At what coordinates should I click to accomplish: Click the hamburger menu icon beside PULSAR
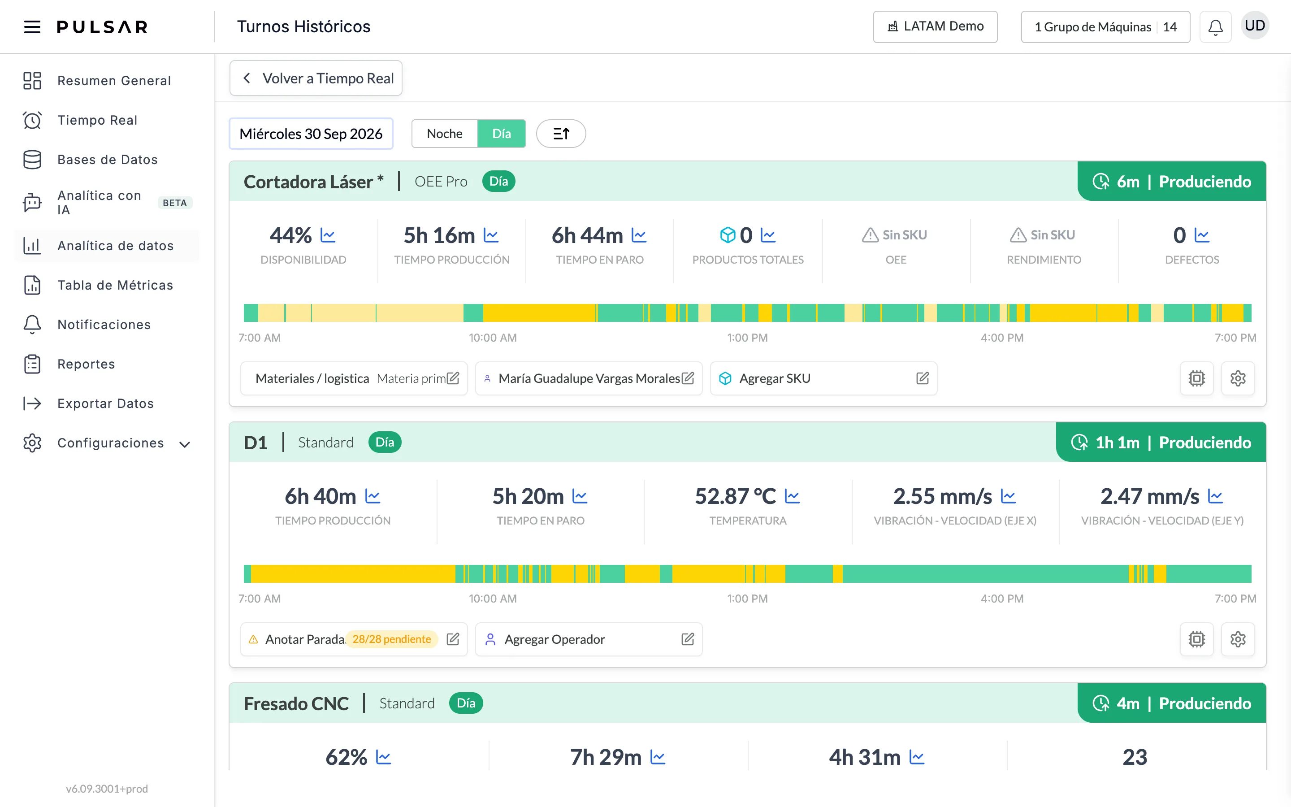(32, 27)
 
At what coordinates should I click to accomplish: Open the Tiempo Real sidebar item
(97, 120)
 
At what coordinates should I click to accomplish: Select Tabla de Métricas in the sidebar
(115, 285)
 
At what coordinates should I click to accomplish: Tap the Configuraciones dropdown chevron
(185, 444)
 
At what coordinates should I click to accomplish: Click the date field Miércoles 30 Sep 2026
(311, 134)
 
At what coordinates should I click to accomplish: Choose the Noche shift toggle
(444, 134)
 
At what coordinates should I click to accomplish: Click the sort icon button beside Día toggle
(561, 134)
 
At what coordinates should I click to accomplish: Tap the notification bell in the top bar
(1215, 27)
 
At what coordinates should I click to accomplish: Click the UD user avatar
(1255, 26)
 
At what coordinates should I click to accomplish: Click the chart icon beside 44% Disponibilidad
(328, 235)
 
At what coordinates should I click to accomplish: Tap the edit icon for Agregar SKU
(923, 378)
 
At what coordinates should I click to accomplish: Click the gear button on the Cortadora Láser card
(1238, 378)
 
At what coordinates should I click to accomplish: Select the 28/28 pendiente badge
(392, 639)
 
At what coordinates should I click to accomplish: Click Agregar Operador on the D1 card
(554, 639)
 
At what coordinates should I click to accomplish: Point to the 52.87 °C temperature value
(735, 496)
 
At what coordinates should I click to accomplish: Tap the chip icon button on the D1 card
(1196, 639)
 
